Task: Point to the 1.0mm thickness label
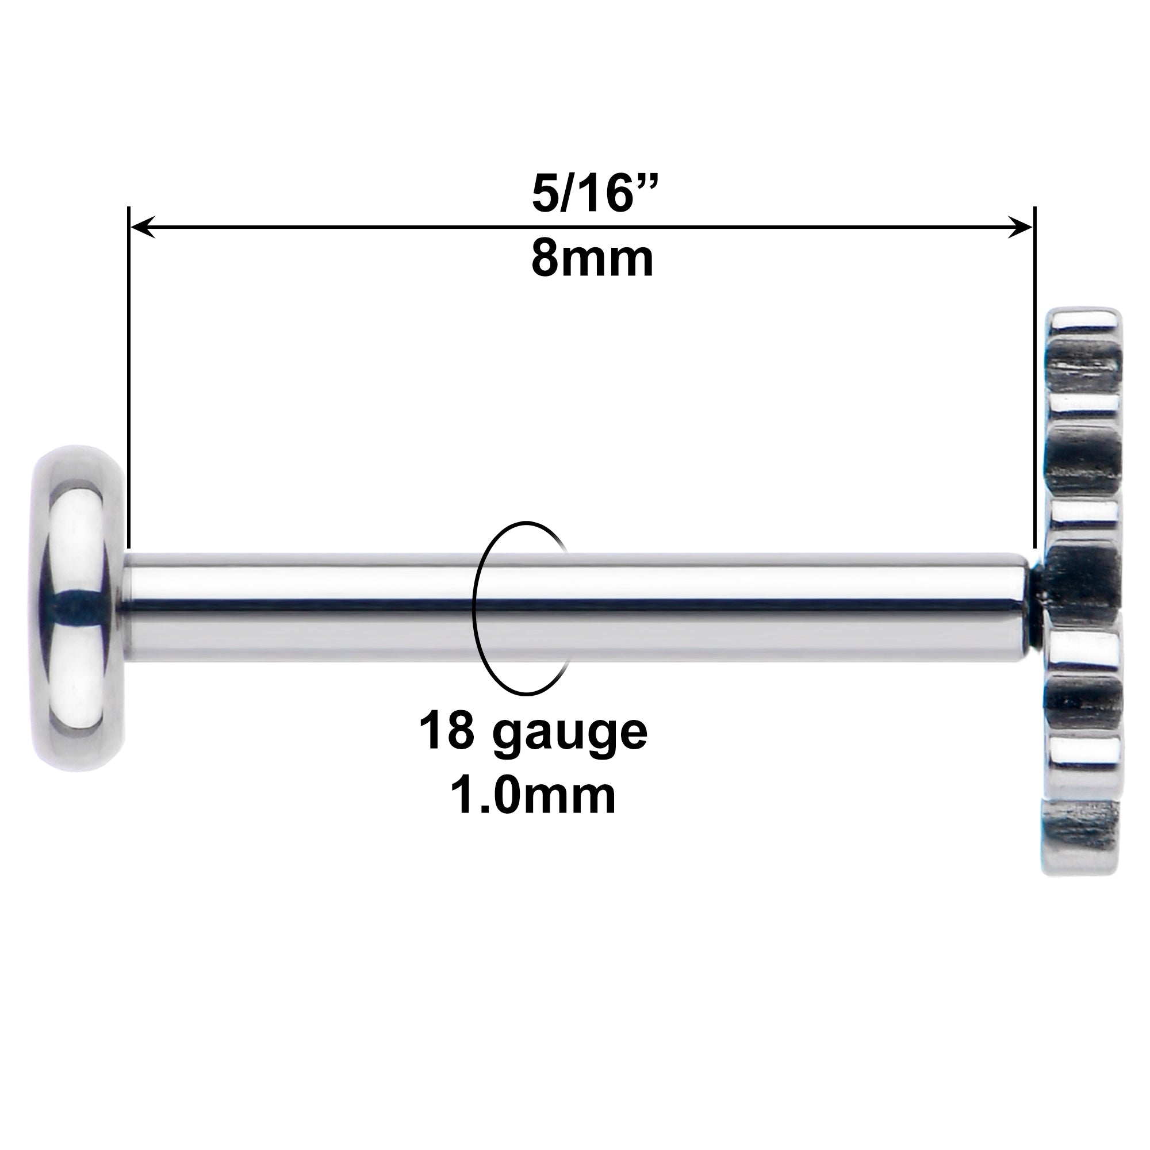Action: (533, 796)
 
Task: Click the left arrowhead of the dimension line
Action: (143, 227)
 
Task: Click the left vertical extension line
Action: (129, 377)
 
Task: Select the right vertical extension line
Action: (1035, 377)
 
